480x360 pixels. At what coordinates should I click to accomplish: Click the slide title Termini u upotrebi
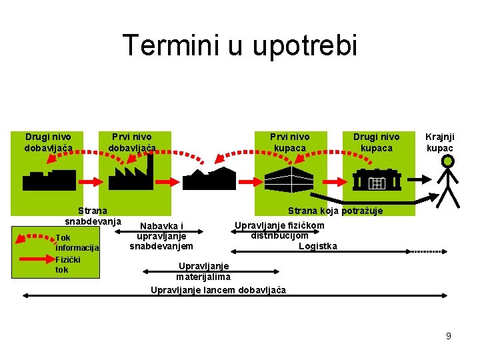point(240,46)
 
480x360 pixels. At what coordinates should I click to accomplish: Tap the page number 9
point(449,336)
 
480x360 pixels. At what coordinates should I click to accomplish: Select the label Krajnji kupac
point(439,142)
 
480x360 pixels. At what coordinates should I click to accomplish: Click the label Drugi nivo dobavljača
point(48,142)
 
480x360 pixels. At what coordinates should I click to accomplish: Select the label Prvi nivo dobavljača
point(132,142)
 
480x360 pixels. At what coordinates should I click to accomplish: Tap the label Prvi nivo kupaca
point(290,142)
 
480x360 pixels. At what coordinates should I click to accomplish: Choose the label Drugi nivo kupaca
point(377,142)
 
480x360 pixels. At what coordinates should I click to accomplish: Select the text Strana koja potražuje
point(335,211)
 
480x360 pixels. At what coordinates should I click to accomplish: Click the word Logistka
point(317,246)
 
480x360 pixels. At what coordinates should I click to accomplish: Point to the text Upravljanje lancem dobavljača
point(218,290)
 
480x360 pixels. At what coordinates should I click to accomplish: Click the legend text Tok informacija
point(77,243)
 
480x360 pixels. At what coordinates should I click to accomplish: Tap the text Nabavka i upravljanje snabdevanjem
point(161,236)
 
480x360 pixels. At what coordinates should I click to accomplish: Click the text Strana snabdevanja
point(93,215)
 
